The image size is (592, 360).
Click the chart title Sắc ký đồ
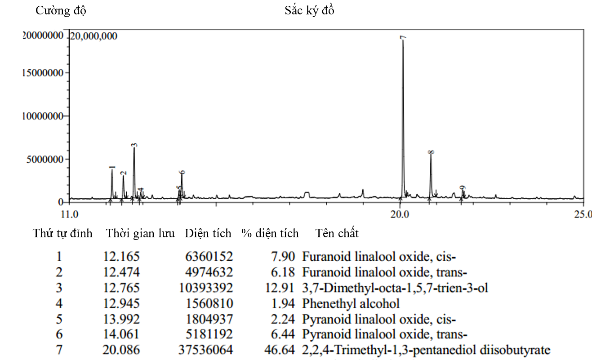click(x=309, y=11)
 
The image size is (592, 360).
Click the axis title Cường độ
click(x=61, y=11)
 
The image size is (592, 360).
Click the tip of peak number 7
click(x=403, y=40)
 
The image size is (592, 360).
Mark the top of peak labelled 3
click(x=134, y=148)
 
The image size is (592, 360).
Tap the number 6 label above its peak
click(x=182, y=173)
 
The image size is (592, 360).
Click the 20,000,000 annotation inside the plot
click(x=93, y=36)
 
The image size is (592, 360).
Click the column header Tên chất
click(x=337, y=233)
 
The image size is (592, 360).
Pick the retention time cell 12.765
click(x=121, y=288)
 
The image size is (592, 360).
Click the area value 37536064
click(x=209, y=350)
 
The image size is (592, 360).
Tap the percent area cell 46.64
click(x=280, y=350)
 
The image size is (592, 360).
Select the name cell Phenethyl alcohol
click(x=351, y=303)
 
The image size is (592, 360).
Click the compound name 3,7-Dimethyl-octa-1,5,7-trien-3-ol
click(x=395, y=288)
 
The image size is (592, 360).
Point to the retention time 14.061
click(x=121, y=334)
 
